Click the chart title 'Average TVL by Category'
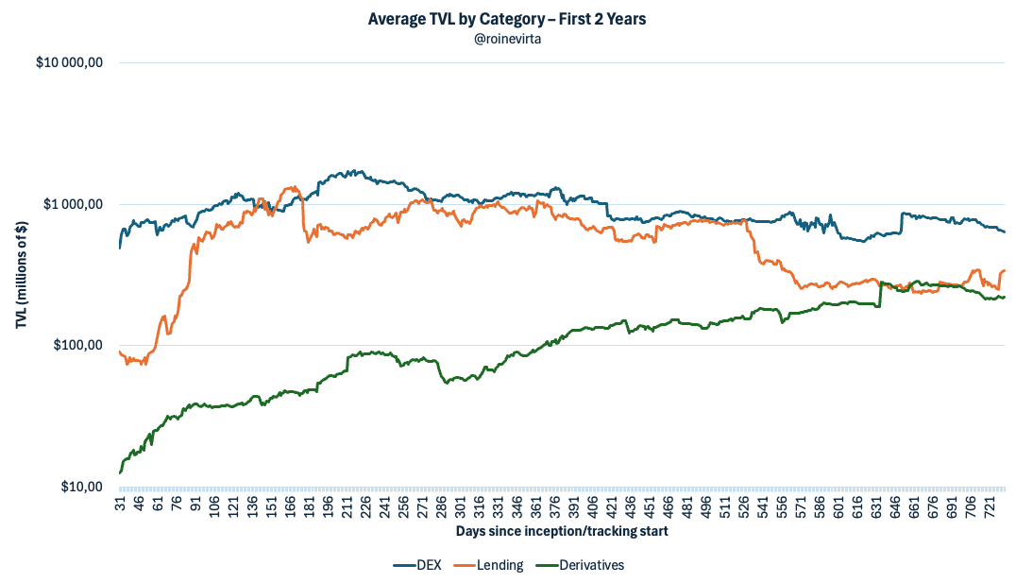(507, 19)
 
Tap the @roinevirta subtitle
(507, 38)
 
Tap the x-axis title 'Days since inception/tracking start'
(562, 531)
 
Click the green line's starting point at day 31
(120, 472)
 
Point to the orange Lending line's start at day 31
(120, 352)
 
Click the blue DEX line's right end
(1005, 231)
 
